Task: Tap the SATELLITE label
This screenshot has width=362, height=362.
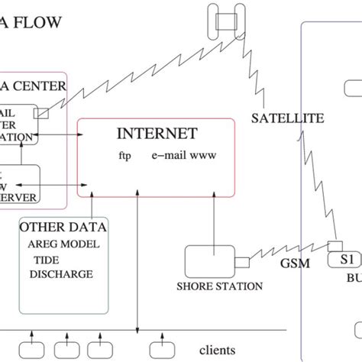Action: click(x=287, y=118)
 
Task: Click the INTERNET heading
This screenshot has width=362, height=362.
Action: click(x=157, y=134)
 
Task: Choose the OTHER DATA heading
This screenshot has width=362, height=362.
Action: click(x=63, y=227)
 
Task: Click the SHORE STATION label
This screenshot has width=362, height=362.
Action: click(x=219, y=286)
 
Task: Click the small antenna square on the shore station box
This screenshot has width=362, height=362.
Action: click(x=242, y=263)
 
